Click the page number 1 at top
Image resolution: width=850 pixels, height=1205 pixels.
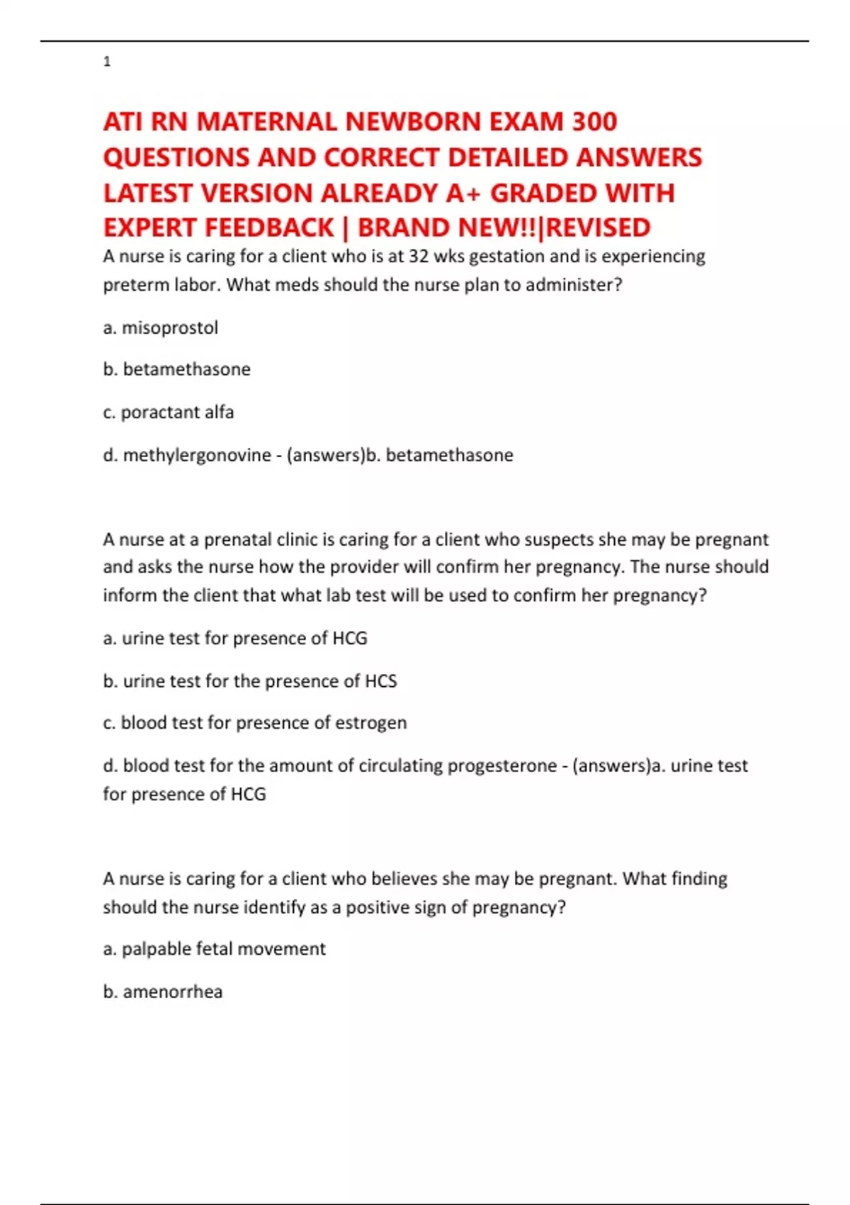tap(107, 62)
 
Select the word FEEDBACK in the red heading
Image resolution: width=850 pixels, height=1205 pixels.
tap(268, 228)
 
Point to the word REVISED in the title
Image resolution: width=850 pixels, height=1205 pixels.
tap(599, 228)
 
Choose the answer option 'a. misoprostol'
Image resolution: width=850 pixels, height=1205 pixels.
tap(160, 327)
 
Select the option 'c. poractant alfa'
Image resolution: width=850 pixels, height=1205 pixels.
tap(168, 412)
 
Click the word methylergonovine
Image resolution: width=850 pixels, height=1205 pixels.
tap(197, 454)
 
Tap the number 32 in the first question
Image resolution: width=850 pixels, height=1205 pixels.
tap(419, 256)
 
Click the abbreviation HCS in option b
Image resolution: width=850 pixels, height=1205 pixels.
tap(380, 680)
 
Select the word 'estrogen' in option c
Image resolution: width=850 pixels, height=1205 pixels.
tap(370, 722)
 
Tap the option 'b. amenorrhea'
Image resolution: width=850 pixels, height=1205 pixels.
tap(162, 991)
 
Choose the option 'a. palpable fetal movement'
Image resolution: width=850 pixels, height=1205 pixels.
tap(214, 948)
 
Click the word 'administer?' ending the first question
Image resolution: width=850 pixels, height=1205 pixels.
tap(573, 284)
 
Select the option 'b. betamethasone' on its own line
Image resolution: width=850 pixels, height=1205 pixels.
tap(176, 369)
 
